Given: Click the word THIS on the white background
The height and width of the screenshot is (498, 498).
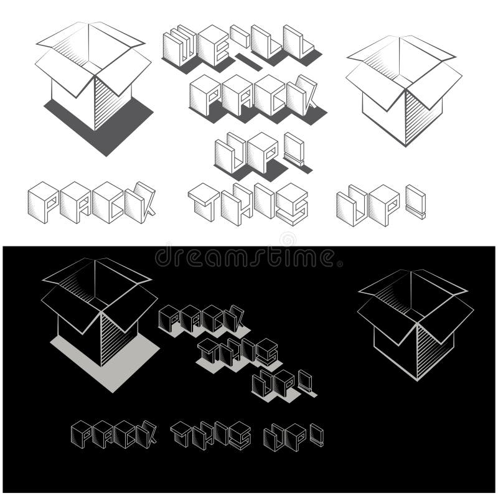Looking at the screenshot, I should tap(249, 202).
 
